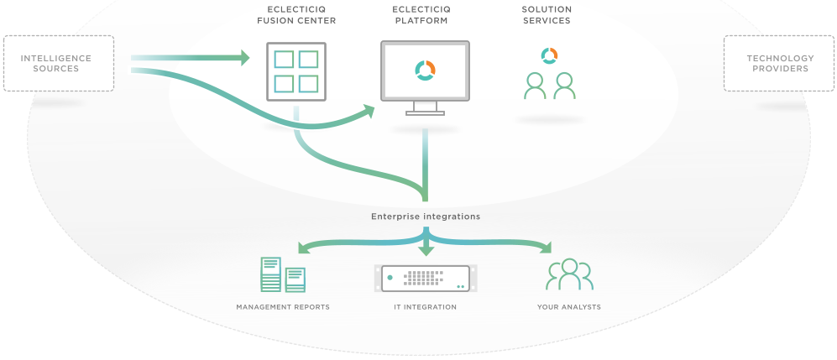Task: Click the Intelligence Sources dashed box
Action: pyautogui.click(x=58, y=63)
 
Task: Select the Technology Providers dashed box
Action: pyautogui.click(x=780, y=63)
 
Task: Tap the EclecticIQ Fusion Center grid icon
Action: pyautogui.click(x=296, y=71)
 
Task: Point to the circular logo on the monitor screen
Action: pyautogui.click(x=425, y=70)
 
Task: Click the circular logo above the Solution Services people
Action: pyautogui.click(x=549, y=55)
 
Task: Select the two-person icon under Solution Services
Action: pyautogui.click(x=549, y=86)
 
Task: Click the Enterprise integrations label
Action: pyautogui.click(x=426, y=217)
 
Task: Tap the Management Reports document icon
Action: pyautogui.click(x=282, y=274)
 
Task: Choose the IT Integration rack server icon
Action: pyautogui.click(x=426, y=277)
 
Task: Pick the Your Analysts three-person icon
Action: pyautogui.click(x=569, y=274)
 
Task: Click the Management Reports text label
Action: pyautogui.click(x=283, y=307)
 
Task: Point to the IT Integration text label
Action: pyautogui.click(x=426, y=307)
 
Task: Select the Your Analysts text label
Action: pyautogui.click(x=569, y=307)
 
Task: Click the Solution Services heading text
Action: pyautogui.click(x=547, y=15)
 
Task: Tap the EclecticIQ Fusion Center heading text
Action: pyautogui.click(x=296, y=15)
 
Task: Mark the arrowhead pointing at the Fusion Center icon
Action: pyautogui.click(x=245, y=58)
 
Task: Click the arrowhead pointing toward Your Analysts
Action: pyautogui.click(x=547, y=248)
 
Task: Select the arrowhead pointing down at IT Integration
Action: pyautogui.click(x=426, y=250)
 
